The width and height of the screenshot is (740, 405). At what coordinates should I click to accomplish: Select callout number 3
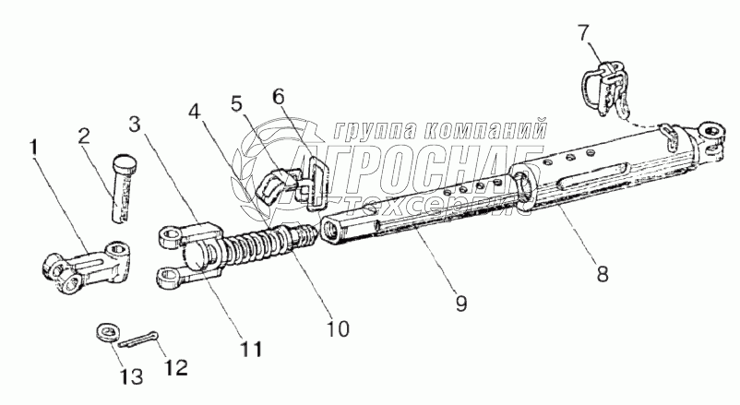coord(135,124)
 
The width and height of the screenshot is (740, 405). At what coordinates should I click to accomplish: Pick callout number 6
coord(280,95)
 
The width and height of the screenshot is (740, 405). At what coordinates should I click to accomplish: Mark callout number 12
coord(174,367)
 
